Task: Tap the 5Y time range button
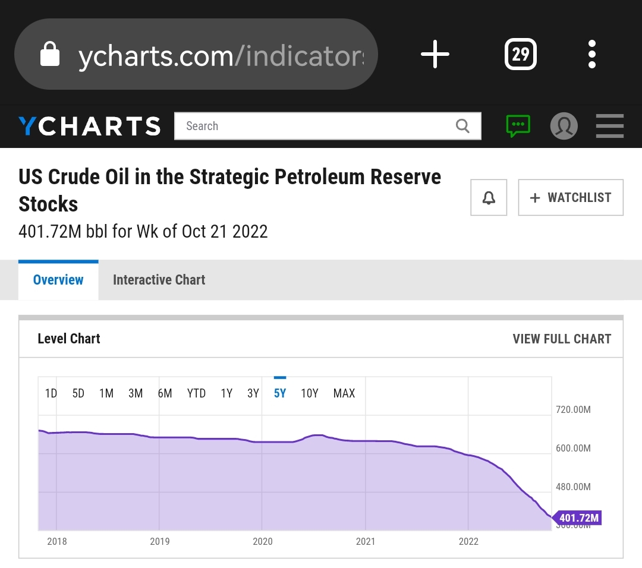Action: point(280,393)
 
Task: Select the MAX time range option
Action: point(344,393)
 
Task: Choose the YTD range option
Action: point(196,393)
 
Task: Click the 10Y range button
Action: point(310,393)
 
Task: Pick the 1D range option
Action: point(51,393)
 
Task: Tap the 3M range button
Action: point(136,393)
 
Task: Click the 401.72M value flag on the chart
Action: point(578,518)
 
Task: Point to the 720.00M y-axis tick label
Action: point(573,410)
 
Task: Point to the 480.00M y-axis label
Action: point(573,487)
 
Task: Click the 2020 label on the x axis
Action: point(263,541)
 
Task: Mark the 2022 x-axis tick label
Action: point(468,541)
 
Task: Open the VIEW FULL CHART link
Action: point(562,339)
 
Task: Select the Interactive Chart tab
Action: point(159,280)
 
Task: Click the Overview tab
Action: point(58,280)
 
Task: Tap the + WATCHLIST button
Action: point(571,197)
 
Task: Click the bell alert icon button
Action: point(489,197)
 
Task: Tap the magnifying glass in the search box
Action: point(462,126)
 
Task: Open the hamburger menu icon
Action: point(609,126)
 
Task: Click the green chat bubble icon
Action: point(518,126)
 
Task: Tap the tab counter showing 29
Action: point(520,55)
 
